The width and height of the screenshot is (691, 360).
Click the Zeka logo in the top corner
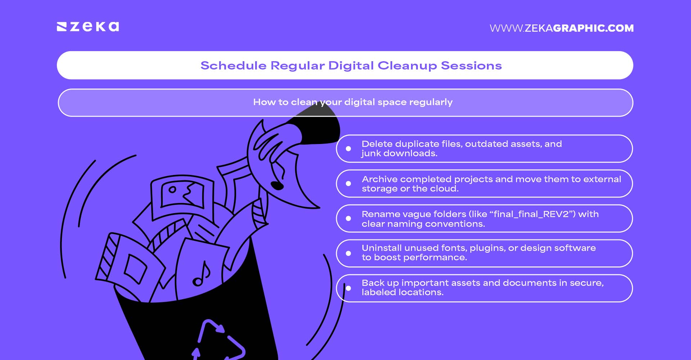point(88,27)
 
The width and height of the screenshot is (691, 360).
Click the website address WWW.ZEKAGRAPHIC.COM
point(561,28)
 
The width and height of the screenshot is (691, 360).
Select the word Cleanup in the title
point(407,66)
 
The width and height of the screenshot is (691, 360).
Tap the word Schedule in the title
point(233,66)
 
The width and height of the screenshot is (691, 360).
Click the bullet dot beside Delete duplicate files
point(348,149)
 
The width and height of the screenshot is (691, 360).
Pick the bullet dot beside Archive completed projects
point(348,184)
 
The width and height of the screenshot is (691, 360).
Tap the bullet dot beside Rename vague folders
point(348,219)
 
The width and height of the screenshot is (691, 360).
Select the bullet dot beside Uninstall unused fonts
point(348,253)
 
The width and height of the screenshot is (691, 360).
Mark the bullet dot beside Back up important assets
point(348,288)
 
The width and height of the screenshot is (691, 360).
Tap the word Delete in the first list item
point(377,144)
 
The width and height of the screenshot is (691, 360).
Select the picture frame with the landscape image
point(182,194)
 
